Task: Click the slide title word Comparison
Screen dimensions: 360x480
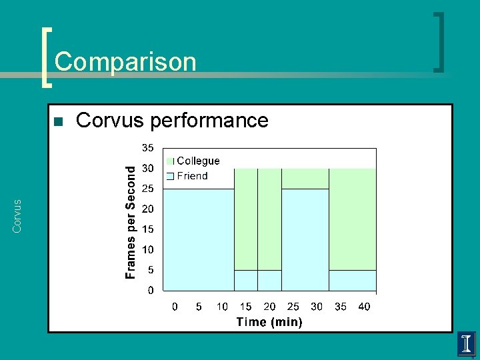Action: click(x=125, y=62)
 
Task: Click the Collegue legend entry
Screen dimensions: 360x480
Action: click(x=197, y=161)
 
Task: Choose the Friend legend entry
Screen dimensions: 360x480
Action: click(x=192, y=176)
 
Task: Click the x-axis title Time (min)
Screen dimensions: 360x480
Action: click(x=269, y=322)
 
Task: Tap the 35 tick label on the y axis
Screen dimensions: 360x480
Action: click(x=147, y=147)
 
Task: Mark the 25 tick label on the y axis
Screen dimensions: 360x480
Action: click(x=147, y=189)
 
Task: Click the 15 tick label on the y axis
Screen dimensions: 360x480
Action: click(x=147, y=229)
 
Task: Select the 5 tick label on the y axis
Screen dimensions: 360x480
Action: click(x=150, y=270)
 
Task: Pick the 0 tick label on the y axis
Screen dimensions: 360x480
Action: click(x=150, y=291)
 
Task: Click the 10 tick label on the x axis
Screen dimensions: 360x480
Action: click(x=222, y=307)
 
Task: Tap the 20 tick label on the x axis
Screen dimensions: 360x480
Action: click(x=269, y=307)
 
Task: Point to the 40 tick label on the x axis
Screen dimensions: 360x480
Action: click(x=364, y=307)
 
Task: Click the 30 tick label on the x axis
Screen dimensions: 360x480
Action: click(x=317, y=307)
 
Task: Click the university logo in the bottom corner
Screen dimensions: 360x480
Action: click(x=466, y=345)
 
